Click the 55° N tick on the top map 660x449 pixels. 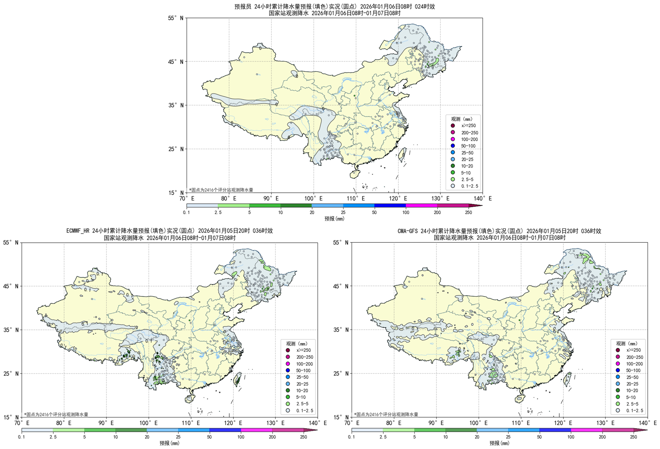pyautogui.click(x=176, y=18)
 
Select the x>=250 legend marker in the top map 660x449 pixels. pyautogui.click(x=453, y=126)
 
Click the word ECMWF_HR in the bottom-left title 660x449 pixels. pyautogui.click(x=78, y=231)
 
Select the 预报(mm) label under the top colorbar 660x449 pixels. pyautogui.click(x=334, y=219)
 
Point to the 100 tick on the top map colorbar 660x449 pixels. pyautogui.click(x=406, y=212)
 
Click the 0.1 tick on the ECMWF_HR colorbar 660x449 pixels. pyautogui.click(x=22, y=437)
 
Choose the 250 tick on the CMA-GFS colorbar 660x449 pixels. pyautogui.click(x=633, y=437)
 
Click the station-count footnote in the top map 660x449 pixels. pyautogui.click(x=221, y=190)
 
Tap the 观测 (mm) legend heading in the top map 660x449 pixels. pyautogui.click(x=462, y=119)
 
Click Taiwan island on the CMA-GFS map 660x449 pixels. pyautogui.click(x=567, y=379)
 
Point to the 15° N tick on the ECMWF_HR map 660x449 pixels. pyautogui.click(x=11, y=417)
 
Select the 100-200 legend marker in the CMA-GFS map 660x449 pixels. pyautogui.click(x=618, y=364)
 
